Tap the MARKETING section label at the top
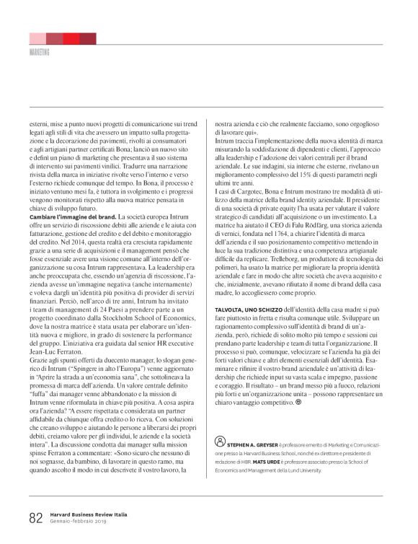[40, 53]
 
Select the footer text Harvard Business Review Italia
[89, 514]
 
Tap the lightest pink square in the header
[37, 38]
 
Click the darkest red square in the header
[88, 38]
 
